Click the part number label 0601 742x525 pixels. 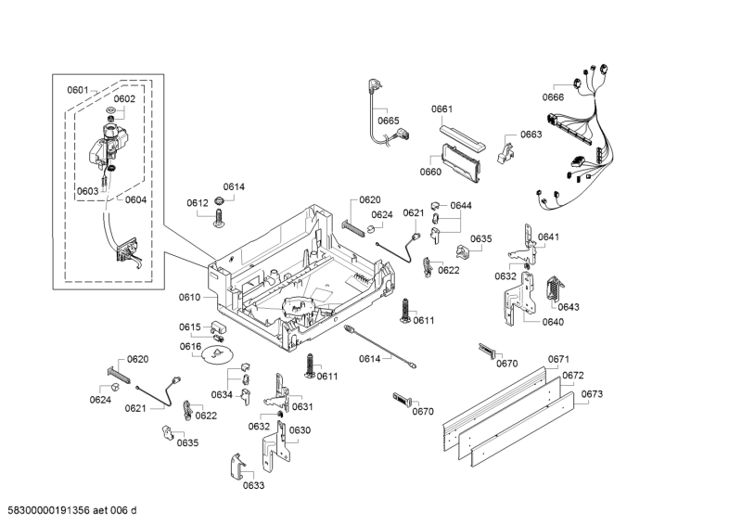(77, 90)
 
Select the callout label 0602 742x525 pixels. (124, 99)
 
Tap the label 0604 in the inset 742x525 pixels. (135, 199)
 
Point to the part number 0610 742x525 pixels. (189, 297)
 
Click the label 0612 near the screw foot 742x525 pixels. (197, 203)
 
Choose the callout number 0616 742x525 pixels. (190, 347)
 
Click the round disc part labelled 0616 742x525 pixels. (218, 353)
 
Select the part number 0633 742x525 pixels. (253, 485)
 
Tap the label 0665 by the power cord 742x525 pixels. (388, 121)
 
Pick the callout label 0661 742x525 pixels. (441, 109)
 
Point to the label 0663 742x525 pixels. (531, 134)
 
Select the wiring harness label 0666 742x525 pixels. (553, 97)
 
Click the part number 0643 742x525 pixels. (569, 307)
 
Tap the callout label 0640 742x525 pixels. (552, 322)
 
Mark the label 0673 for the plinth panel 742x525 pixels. (592, 394)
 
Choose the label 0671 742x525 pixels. (558, 359)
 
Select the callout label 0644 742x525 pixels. (461, 205)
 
